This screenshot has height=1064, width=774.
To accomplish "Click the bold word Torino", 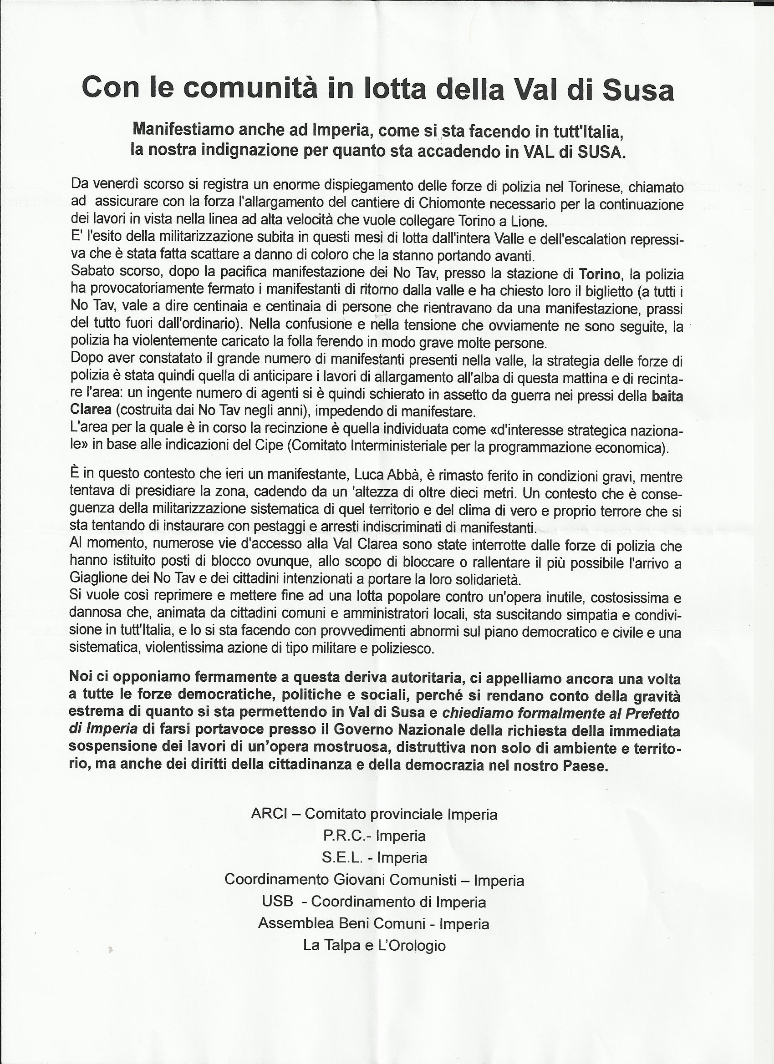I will tap(599, 274).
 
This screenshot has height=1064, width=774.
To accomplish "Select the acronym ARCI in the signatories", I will tap(269, 814).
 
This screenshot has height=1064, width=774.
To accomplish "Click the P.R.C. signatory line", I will tap(374, 836).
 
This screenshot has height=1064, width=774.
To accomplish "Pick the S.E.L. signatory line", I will tap(374, 857).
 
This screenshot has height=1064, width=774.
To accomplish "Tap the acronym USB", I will tap(278, 902).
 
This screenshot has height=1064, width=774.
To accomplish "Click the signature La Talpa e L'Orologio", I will tap(374, 945).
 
